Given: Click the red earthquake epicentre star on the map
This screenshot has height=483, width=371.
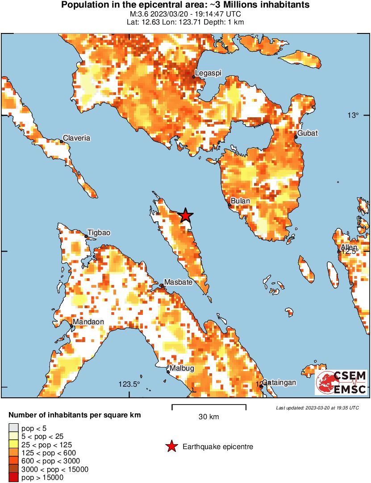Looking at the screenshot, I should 185,216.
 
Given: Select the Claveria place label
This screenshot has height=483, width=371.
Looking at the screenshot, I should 76,138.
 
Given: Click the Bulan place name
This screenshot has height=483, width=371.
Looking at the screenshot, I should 241,201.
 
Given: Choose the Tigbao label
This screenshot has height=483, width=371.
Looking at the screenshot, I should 99,232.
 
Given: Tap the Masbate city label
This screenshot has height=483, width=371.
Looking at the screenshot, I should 178,282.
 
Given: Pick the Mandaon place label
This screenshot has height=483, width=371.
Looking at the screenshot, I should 88,322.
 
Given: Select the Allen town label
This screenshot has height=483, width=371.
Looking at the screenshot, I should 349,248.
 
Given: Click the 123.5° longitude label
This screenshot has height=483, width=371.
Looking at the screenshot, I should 129,384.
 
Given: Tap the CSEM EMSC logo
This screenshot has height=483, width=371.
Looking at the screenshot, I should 341,382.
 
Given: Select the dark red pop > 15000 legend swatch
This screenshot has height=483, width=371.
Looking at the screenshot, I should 14,478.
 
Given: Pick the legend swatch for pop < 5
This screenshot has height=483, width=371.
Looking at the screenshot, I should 14,429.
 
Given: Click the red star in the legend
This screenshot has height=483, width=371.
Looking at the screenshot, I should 171,446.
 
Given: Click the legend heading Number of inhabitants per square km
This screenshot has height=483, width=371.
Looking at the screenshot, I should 75,415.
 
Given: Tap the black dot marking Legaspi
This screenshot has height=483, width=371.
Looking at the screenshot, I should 193,77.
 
